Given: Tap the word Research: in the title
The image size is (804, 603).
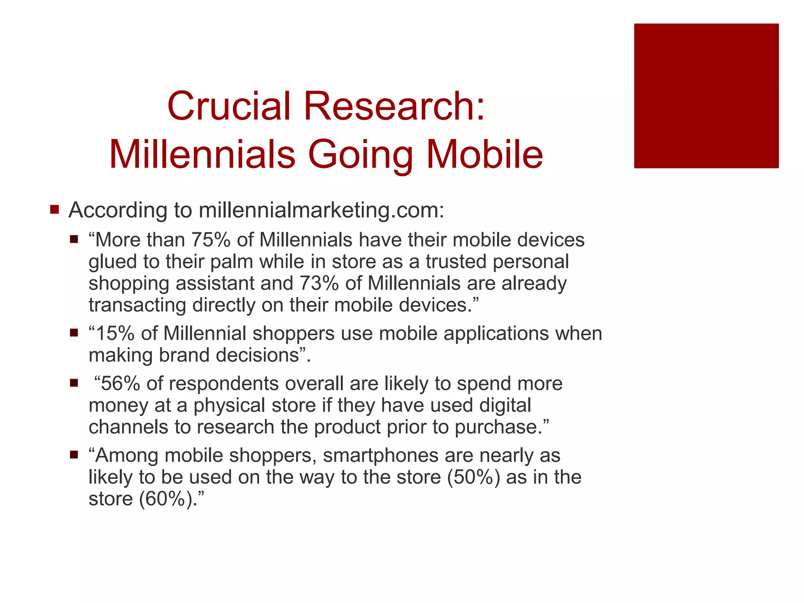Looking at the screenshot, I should point(394,106).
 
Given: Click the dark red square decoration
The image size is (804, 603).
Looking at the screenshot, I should point(706,96).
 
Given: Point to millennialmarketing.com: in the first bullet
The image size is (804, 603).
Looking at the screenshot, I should point(321,210).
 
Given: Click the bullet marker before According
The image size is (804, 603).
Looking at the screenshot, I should point(55,209).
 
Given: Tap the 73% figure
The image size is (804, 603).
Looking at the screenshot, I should point(319,283).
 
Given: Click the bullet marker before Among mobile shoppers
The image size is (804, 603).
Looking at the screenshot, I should point(74,455).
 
